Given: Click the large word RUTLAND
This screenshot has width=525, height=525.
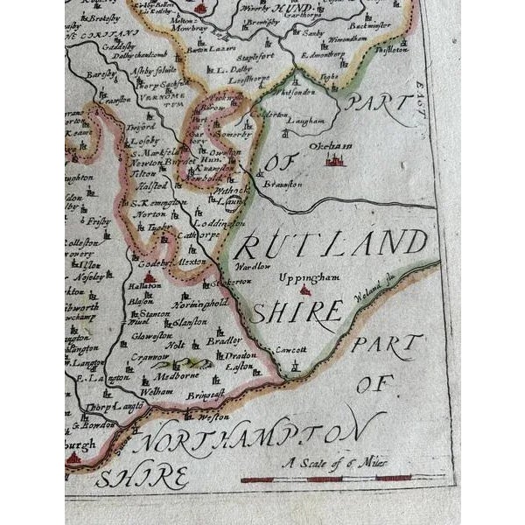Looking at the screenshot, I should click(x=332, y=244).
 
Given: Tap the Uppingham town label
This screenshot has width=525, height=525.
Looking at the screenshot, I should click(x=302, y=277).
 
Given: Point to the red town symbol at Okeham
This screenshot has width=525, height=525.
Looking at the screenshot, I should click(x=335, y=160).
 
